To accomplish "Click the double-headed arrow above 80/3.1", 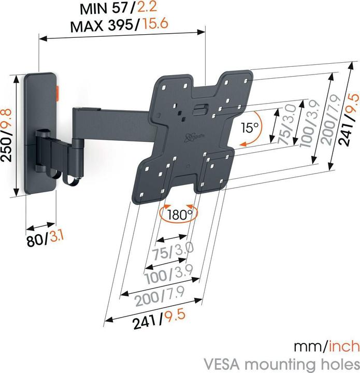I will tap(40, 227).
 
